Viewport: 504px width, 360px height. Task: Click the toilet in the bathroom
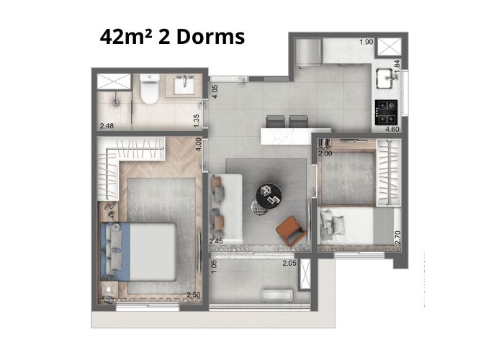[150, 89]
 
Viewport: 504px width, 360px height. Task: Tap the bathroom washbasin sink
[184, 85]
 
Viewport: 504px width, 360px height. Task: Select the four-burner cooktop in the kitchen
[386, 112]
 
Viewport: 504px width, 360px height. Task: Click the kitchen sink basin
[384, 78]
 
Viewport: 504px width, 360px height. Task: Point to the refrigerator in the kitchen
[308, 53]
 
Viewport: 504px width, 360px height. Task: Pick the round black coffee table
[269, 196]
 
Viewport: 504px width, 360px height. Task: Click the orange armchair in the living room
[291, 231]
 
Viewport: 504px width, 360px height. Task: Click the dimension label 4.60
[392, 129]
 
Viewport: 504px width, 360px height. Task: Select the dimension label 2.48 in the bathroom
[107, 126]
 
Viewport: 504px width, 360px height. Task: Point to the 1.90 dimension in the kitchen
[366, 42]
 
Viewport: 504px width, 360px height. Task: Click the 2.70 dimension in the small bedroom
[397, 238]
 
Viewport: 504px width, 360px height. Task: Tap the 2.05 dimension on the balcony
[289, 264]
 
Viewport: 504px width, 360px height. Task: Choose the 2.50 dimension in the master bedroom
[194, 295]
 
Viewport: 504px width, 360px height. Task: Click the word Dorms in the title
[210, 37]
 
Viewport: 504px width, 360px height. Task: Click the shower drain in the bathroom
[116, 102]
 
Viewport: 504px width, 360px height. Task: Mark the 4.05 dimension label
[215, 91]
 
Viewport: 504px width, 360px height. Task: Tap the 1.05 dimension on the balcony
[215, 267]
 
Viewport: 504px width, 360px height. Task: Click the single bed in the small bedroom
[356, 225]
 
